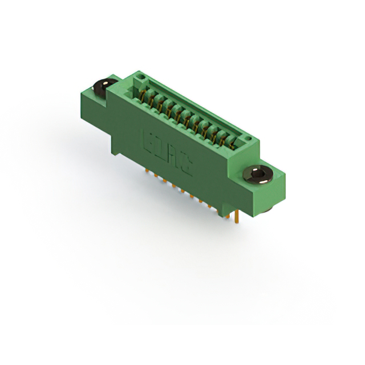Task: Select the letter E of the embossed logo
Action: click(x=147, y=140)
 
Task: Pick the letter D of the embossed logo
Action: click(x=160, y=148)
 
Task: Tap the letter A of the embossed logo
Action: click(x=173, y=155)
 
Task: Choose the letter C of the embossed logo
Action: click(x=186, y=164)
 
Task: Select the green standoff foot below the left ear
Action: click(x=115, y=149)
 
